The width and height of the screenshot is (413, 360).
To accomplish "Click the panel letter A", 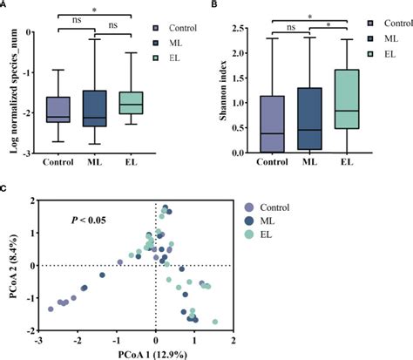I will pos(5,4).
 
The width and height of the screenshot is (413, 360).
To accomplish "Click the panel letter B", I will pos(214,4).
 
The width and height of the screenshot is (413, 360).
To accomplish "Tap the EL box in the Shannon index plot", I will pos(347,98).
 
